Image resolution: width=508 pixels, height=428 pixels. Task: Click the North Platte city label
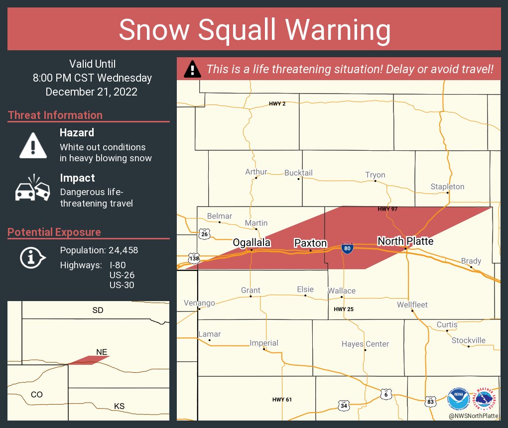(x=405, y=241)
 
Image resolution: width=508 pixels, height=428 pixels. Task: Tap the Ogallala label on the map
(x=252, y=242)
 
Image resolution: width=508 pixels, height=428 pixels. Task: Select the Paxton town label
(x=310, y=243)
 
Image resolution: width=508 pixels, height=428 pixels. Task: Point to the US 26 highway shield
(x=204, y=233)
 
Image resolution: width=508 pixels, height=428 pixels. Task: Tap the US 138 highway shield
(x=194, y=258)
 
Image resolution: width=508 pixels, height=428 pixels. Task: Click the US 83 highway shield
(x=430, y=400)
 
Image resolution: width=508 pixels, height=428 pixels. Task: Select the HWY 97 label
(x=387, y=209)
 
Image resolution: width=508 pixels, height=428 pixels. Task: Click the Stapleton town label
(x=447, y=187)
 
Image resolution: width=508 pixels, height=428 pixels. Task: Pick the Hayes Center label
(x=365, y=344)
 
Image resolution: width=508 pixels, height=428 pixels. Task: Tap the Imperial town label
(x=263, y=343)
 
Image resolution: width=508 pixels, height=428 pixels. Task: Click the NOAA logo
(x=458, y=399)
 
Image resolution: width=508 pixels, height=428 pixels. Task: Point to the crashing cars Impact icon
(x=33, y=189)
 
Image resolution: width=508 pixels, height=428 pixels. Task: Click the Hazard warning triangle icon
(x=33, y=145)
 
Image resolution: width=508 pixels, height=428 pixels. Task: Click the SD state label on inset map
(x=98, y=310)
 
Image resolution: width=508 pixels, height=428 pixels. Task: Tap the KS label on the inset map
(x=119, y=406)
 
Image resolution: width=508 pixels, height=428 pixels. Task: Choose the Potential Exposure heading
(x=54, y=232)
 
